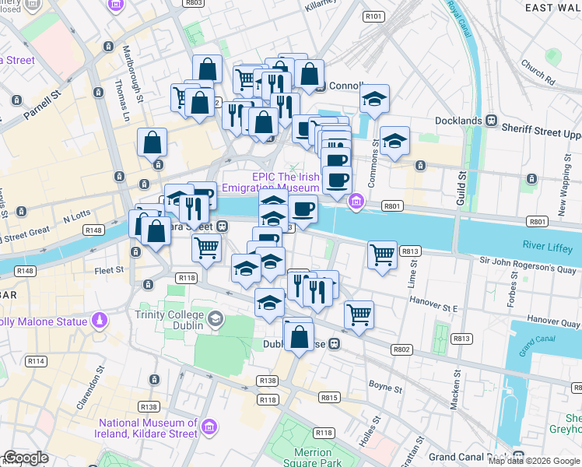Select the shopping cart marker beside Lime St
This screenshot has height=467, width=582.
(382, 254)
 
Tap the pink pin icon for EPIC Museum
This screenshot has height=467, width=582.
(356, 202)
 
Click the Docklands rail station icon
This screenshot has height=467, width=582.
(492, 121)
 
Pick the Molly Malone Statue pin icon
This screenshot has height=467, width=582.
(100, 320)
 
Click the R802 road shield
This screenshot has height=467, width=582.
(401, 349)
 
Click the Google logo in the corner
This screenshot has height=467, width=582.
(26, 458)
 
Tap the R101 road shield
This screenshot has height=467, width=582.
(373, 16)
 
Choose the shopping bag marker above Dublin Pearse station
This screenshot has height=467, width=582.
(299, 336)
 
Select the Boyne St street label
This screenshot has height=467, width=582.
(386, 387)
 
